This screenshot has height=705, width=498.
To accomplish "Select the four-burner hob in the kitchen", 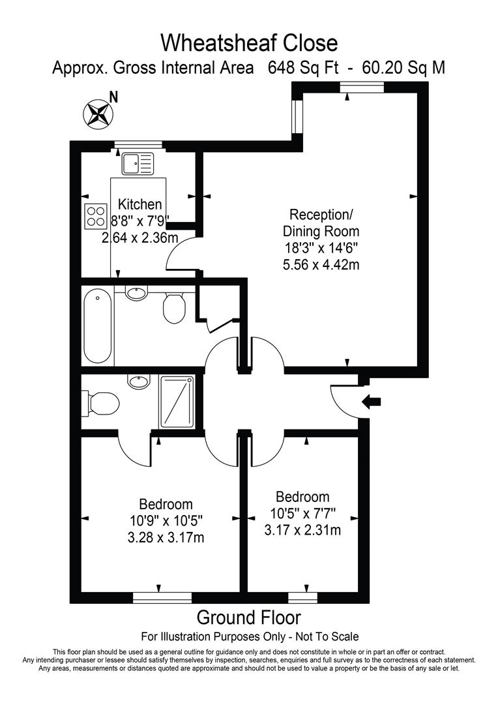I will (x=96, y=215).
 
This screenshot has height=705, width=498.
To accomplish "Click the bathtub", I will (x=98, y=326).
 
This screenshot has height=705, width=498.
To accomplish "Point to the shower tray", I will (x=177, y=401).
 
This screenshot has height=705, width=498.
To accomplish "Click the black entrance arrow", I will (x=372, y=402).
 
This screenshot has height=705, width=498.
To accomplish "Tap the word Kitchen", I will (x=139, y=205).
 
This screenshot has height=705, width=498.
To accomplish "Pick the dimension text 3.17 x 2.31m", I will (x=302, y=529).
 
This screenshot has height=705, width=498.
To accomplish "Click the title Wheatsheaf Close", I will (x=249, y=43).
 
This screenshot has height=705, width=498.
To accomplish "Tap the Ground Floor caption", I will (x=249, y=618).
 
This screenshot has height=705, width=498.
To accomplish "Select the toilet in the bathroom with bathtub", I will (x=174, y=307).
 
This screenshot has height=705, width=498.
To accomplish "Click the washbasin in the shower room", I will (x=138, y=382).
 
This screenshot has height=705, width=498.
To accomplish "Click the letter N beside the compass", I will (x=114, y=97).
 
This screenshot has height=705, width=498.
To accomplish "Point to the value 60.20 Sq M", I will (x=398, y=68).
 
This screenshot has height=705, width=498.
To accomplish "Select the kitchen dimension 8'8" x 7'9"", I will (x=139, y=222).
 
